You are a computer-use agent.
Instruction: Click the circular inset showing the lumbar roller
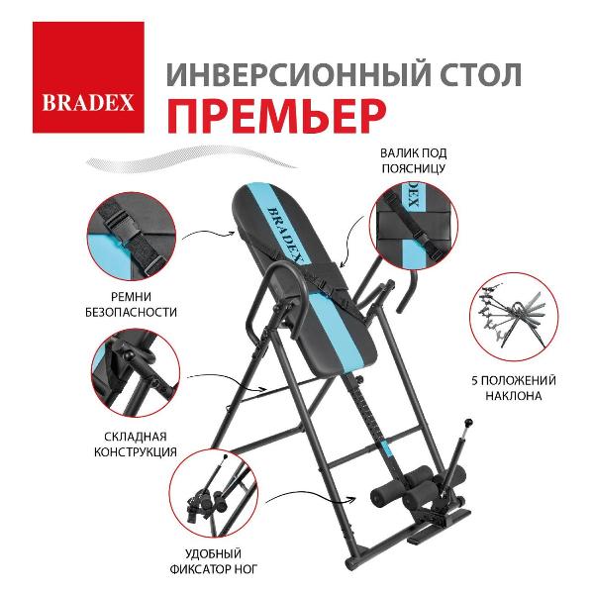pos(412,229)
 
